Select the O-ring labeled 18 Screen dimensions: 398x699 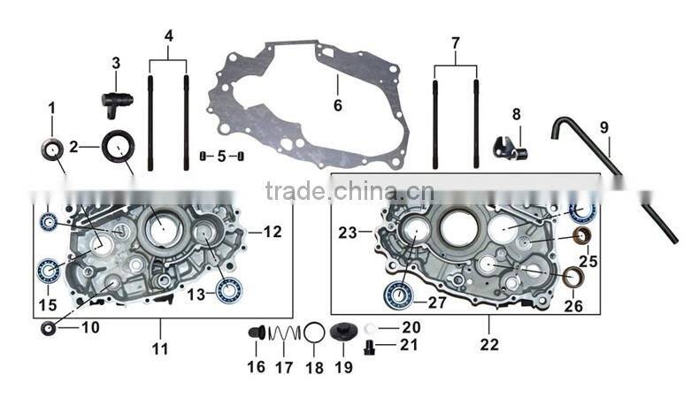tap(314, 334)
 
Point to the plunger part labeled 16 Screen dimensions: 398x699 tap(256, 333)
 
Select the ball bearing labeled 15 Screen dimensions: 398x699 tap(49, 271)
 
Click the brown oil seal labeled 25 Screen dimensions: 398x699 tap(582, 236)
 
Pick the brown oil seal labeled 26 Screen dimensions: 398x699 tap(574, 279)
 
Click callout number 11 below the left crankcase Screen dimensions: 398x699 tap(159, 348)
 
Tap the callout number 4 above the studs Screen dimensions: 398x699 tap(168, 37)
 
